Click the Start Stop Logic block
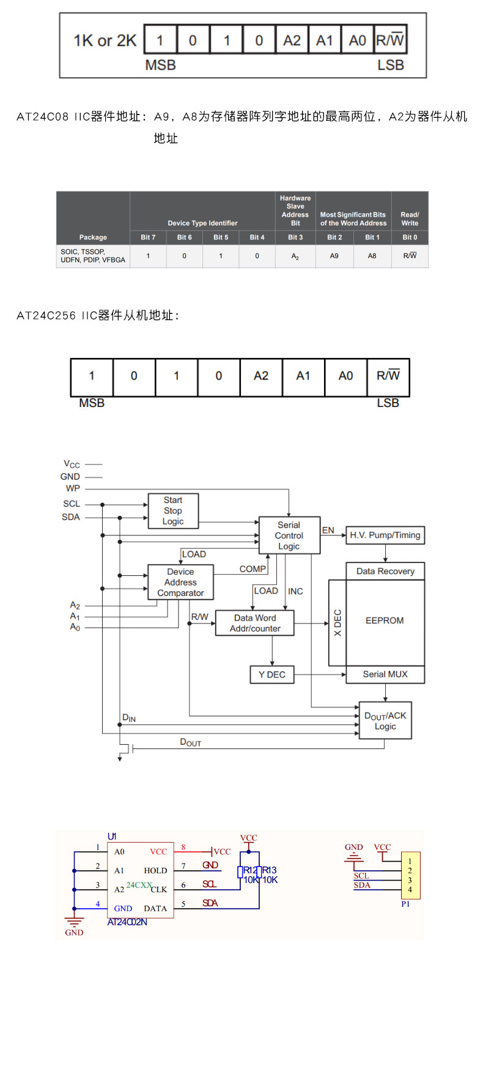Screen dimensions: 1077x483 [x=173, y=511]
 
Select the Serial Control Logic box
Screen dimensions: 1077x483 [x=289, y=535]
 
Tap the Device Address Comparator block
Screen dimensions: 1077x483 [x=180, y=582]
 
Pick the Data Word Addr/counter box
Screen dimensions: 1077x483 [x=255, y=623]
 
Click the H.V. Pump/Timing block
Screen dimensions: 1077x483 [x=385, y=535]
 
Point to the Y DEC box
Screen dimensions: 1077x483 [x=272, y=674]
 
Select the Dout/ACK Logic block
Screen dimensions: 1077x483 [x=385, y=721]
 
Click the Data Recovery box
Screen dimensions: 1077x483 [x=385, y=571]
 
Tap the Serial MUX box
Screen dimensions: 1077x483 [x=385, y=674]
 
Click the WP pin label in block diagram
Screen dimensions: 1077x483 [x=73, y=488]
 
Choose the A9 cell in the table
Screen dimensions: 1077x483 [x=334, y=256]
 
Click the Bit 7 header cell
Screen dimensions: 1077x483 [x=148, y=237]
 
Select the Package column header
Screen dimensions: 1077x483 [x=93, y=237]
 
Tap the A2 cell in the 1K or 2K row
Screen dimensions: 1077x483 [x=292, y=40]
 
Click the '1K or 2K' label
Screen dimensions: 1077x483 [x=105, y=40]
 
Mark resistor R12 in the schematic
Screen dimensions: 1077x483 [x=241, y=872]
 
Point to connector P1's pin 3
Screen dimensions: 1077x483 [x=410, y=880]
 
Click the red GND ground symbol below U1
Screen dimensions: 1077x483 [x=74, y=924]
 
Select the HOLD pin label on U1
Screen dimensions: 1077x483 [x=155, y=870]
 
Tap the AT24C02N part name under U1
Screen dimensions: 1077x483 [x=127, y=922]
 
